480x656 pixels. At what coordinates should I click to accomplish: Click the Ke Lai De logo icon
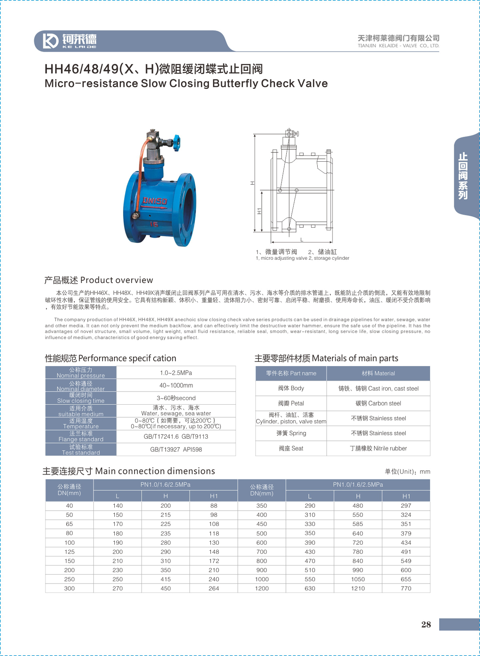click(50, 41)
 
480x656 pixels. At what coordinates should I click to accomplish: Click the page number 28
click(426, 624)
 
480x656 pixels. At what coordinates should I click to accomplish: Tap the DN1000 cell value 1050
click(358, 579)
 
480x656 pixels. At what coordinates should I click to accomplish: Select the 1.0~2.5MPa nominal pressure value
click(176, 373)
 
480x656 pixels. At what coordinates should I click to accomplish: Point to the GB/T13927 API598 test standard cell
click(176, 449)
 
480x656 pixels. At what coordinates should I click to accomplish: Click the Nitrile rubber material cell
click(378, 448)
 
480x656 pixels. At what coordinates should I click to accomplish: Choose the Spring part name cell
click(291, 433)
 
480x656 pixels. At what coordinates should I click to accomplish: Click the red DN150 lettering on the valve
click(155, 201)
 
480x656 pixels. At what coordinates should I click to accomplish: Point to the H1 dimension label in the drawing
click(259, 211)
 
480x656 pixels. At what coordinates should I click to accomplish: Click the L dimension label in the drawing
click(302, 240)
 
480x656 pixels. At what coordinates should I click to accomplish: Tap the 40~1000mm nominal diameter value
click(176, 385)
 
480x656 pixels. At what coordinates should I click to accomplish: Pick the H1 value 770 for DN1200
click(406, 588)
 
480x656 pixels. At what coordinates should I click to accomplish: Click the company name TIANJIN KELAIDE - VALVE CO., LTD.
click(398, 46)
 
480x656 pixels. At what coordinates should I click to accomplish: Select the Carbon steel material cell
click(378, 403)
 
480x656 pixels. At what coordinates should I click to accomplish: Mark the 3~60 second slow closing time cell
click(176, 398)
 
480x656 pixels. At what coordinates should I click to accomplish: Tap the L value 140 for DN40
click(118, 506)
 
